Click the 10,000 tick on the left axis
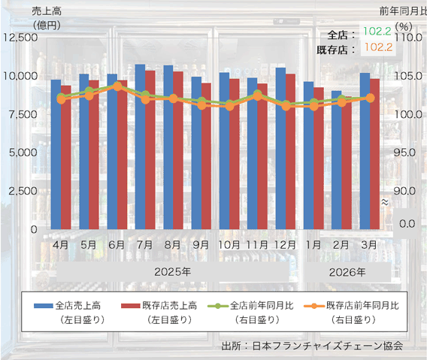[18, 76]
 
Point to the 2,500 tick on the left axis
[20, 191]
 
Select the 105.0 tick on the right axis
[400, 76]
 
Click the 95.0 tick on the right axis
[400, 153]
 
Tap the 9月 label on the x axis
[201, 244]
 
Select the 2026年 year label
[347, 271]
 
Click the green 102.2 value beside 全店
[376, 32]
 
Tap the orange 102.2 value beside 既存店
[376, 47]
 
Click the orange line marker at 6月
[117, 86]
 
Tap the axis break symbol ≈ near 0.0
[384, 202]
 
